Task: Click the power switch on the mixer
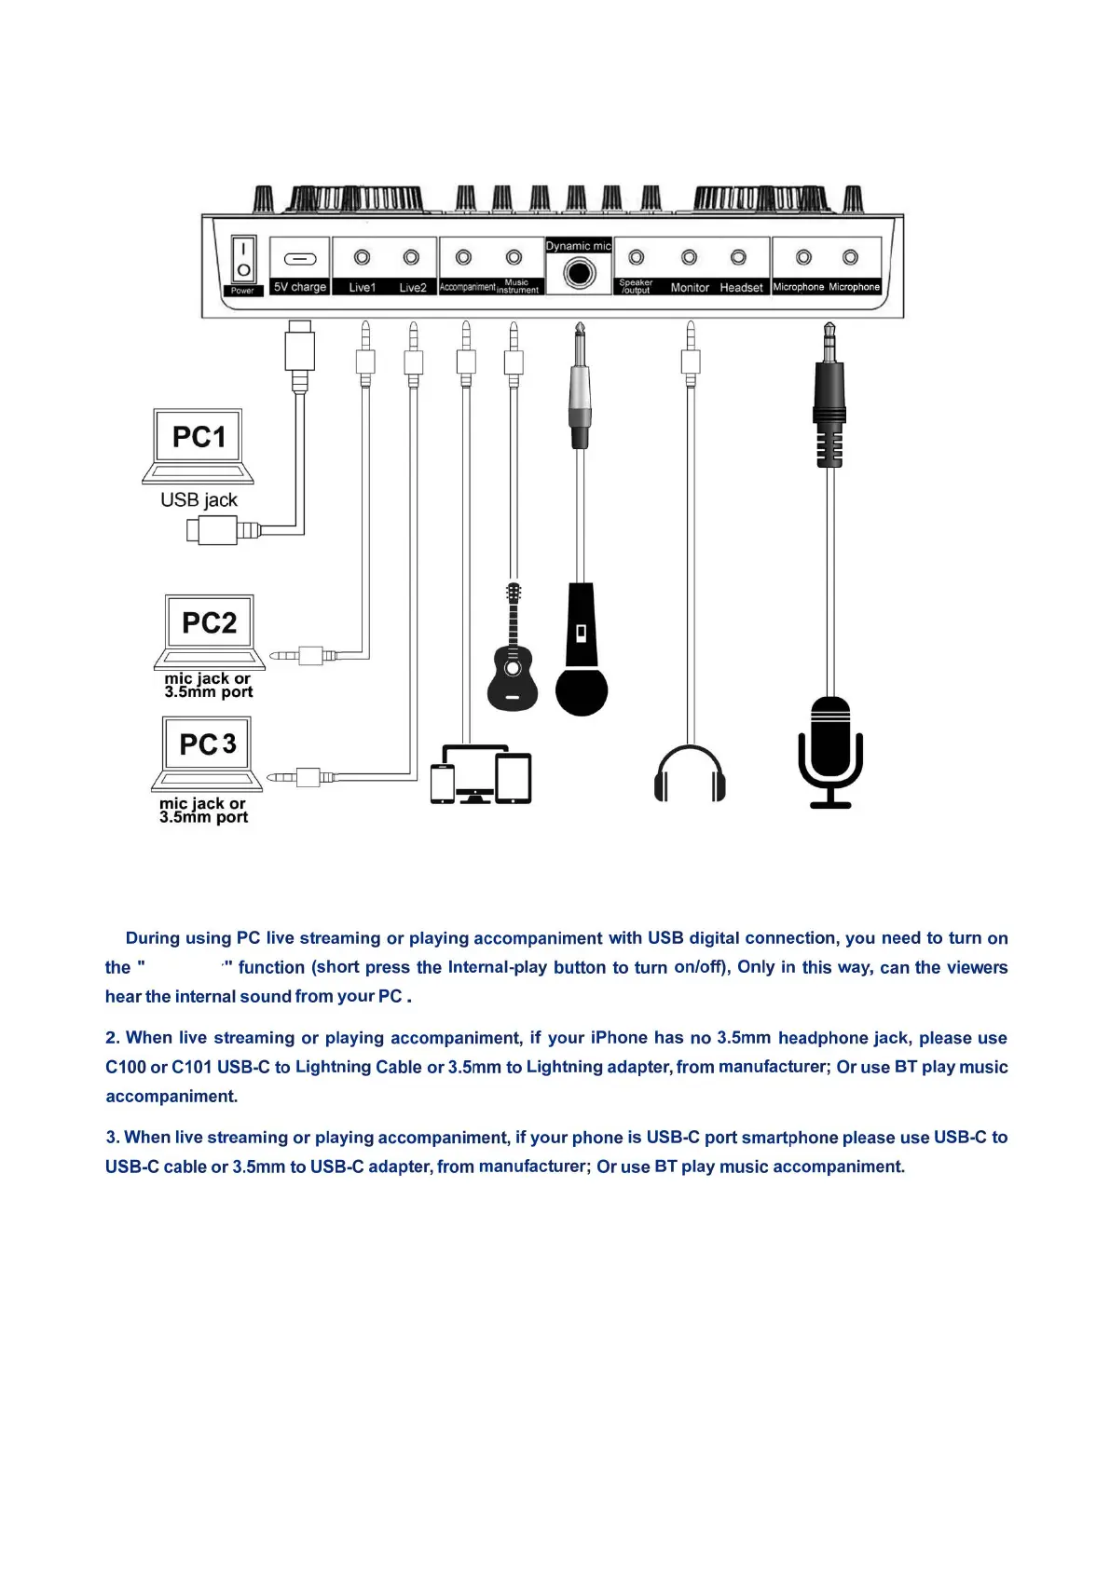[x=243, y=259]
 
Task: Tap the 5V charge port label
[x=299, y=287]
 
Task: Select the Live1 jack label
[x=362, y=288]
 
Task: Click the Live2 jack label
[x=412, y=288]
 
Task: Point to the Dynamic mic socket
[x=579, y=274]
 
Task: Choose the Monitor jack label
[x=690, y=288]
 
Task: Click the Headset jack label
[x=741, y=288]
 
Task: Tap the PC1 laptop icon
[x=198, y=445]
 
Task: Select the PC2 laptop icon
[x=209, y=631]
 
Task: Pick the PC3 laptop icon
[x=207, y=753]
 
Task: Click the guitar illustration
[x=513, y=652]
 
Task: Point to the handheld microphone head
[x=582, y=689]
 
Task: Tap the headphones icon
[x=690, y=773]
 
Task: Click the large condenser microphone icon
[x=829, y=750]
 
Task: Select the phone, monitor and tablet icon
[x=480, y=774]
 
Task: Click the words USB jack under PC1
[x=199, y=500]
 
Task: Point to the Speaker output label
[x=636, y=286]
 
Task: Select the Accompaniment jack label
[x=467, y=287]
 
